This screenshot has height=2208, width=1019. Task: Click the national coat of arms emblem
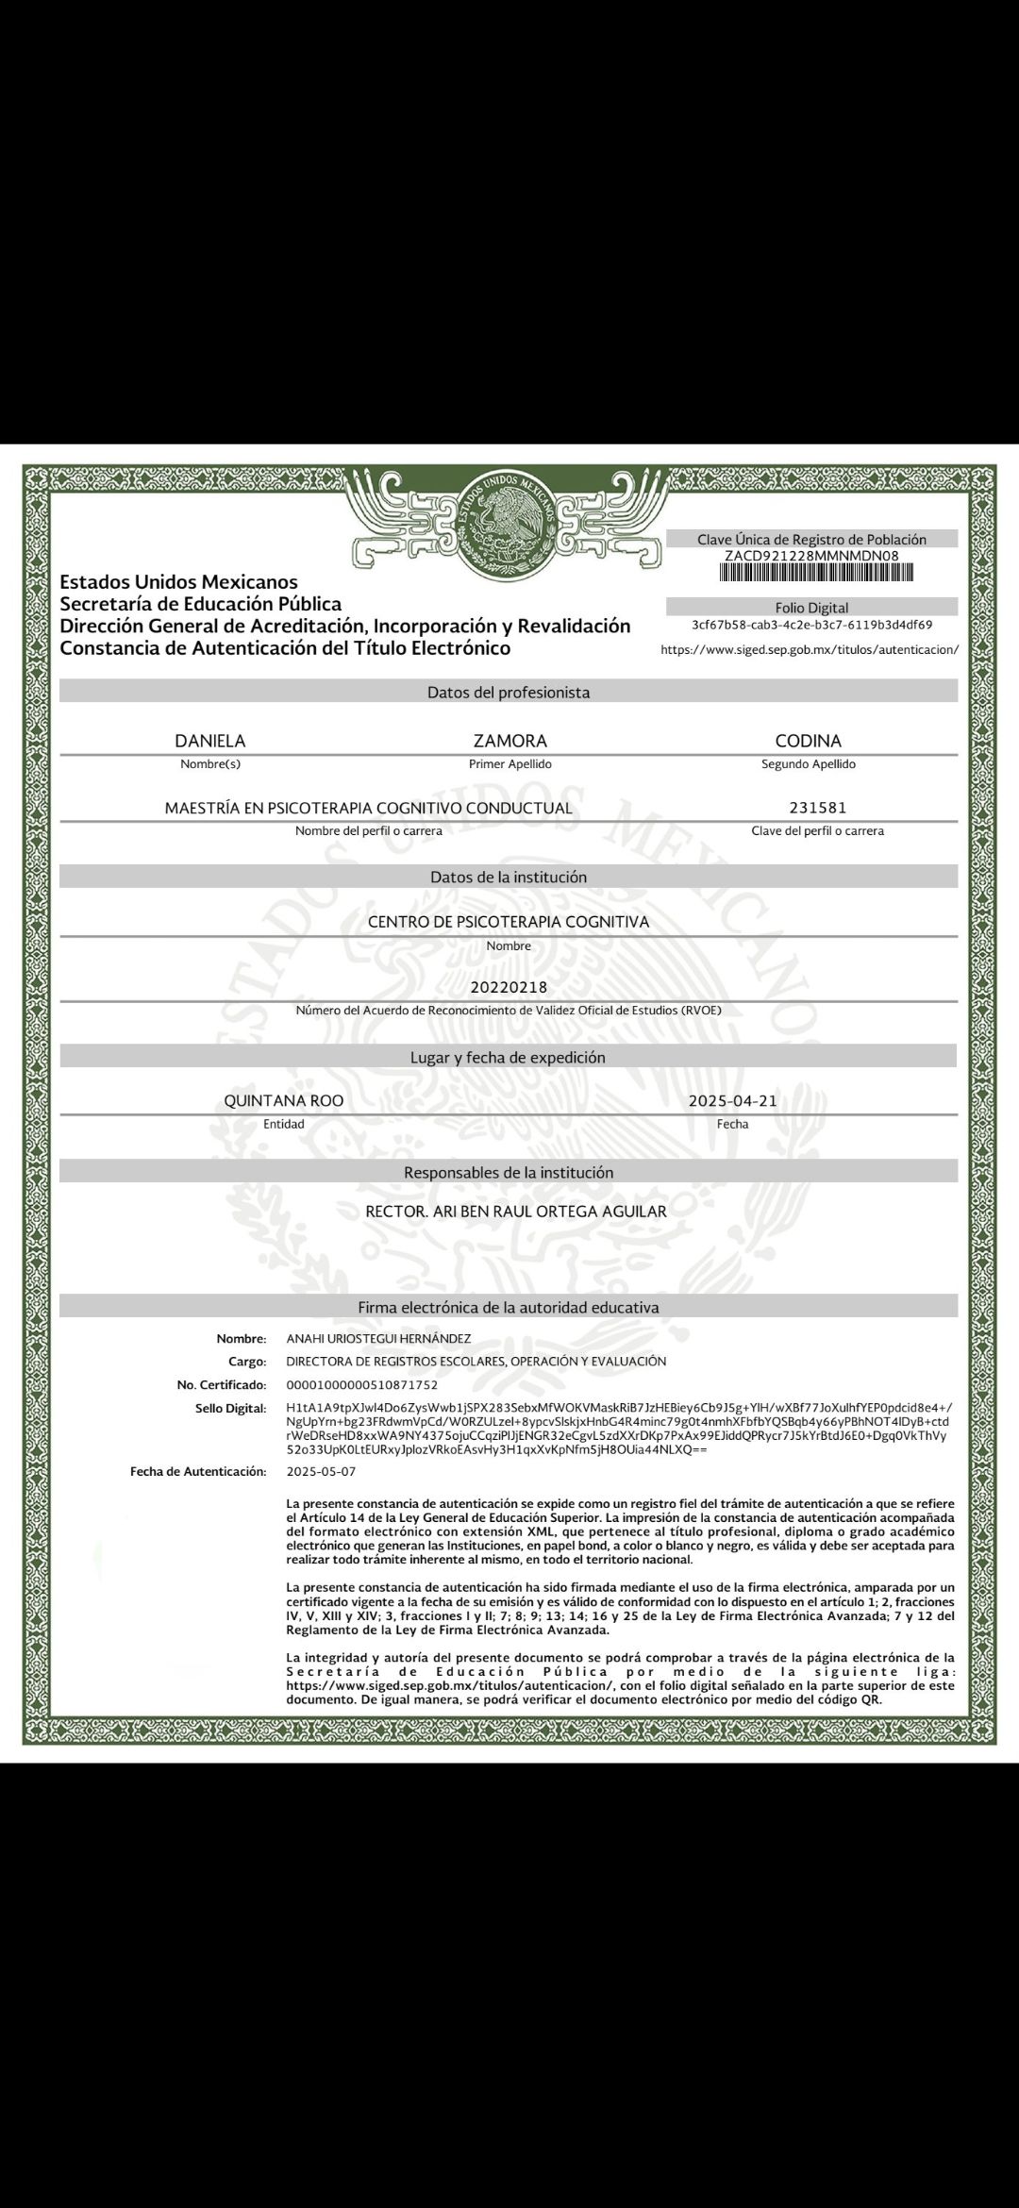click(509, 525)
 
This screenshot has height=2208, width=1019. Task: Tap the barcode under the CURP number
click(811, 573)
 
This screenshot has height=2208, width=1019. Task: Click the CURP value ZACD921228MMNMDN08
click(811, 556)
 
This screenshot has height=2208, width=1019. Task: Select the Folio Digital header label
click(811, 608)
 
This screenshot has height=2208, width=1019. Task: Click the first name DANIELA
click(210, 741)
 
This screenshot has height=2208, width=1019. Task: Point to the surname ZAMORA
click(509, 741)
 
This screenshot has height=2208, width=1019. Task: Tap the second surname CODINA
click(808, 741)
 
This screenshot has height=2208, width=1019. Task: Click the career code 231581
click(817, 808)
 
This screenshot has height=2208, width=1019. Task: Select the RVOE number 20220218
click(509, 988)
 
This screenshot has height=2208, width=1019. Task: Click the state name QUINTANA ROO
click(283, 1101)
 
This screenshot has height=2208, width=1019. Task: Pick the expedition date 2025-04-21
click(732, 1101)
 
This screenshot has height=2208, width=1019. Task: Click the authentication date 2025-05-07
click(321, 1471)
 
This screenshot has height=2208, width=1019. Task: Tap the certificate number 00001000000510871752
click(361, 1385)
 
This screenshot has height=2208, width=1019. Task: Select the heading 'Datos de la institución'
click(509, 877)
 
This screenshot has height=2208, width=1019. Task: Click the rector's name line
click(515, 1211)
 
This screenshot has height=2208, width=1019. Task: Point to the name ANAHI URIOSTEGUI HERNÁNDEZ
click(378, 1338)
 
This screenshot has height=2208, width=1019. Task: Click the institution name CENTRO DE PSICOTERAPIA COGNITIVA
click(509, 921)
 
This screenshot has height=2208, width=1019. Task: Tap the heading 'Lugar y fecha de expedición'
click(508, 1057)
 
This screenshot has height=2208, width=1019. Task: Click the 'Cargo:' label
click(247, 1362)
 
